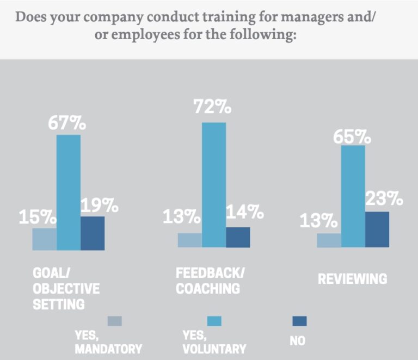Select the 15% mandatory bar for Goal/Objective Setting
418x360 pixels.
click(44, 239)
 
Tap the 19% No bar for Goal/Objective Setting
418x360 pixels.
click(93, 233)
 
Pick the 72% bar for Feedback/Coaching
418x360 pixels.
click(214, 185)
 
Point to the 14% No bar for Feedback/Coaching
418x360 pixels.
click(238, 238)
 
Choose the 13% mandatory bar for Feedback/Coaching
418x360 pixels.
click(189, 240)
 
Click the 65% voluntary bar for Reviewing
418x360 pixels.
click(353, 196)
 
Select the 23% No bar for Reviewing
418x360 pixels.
click(377, 229)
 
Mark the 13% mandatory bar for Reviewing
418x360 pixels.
click(329, 240)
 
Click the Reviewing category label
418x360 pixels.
click(352, 279)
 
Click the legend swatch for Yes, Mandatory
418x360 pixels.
click(114, 321)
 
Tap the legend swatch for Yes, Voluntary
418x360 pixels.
click(214, 321)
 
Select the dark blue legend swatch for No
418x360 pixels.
click(299, 321)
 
